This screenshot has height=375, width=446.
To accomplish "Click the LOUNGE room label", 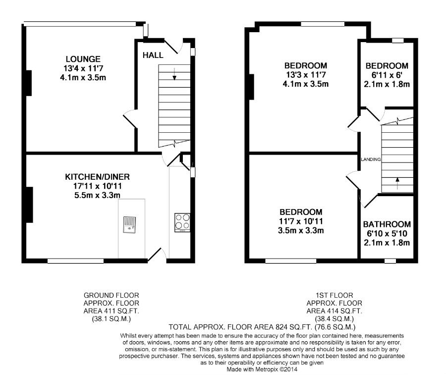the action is (x=83, y=59).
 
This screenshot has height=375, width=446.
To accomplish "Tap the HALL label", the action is (x=153, y=55).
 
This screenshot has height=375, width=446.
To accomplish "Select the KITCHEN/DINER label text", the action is (x=97, y=177).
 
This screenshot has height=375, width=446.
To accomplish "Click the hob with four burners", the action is (x=182, y=222).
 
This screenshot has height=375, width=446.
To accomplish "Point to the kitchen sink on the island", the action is (x=130, y=225).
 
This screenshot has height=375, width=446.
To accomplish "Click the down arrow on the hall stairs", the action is (x=174, y=74).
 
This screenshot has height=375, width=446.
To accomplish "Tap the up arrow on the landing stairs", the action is (x=397, y=183).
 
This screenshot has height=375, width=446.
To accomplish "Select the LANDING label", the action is (x=371, y=160).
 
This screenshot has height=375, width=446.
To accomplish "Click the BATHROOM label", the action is (x=387, y=224).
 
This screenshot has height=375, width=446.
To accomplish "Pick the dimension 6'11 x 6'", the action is (x=387, y=75).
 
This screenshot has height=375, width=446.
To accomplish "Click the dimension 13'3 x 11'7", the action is (x=306, y=75).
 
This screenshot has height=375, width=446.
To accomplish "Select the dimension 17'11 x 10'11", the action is (x=97, y=186).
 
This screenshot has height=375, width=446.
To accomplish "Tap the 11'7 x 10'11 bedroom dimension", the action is (x=301, y=221).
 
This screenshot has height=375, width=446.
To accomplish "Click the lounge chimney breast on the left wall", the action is (x=29, y=83).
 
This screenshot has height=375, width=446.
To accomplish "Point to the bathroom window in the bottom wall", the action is (x=390, y=261).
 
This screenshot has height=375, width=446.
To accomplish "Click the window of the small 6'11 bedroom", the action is (x=397, y=40).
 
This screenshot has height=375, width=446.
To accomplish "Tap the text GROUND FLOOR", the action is (x=111, y=295).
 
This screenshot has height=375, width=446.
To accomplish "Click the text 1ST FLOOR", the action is (x=334, y=295).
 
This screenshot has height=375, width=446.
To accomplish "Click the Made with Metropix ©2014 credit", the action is (x=262, y=370).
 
